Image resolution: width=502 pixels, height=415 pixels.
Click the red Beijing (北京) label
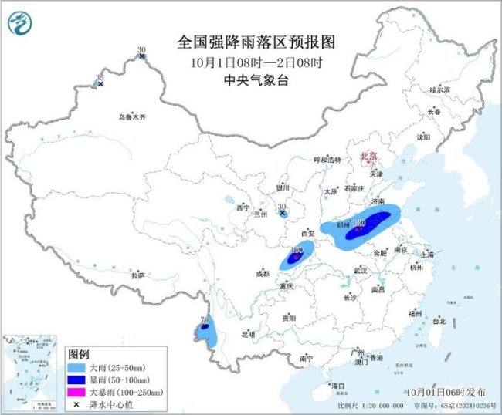[368, 157]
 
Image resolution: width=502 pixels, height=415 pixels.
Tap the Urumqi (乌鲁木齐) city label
[131, 117]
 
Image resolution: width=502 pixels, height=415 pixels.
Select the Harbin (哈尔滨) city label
[439, 90]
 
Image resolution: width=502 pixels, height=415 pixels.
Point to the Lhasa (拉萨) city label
[138, 275]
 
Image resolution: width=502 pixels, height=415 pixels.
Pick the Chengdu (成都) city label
[263, 273]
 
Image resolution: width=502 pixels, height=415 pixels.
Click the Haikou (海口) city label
[337, 385]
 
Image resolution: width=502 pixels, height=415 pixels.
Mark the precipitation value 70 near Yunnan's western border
[205, 319]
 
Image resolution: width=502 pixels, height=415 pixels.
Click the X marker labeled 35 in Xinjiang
[100, 83]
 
